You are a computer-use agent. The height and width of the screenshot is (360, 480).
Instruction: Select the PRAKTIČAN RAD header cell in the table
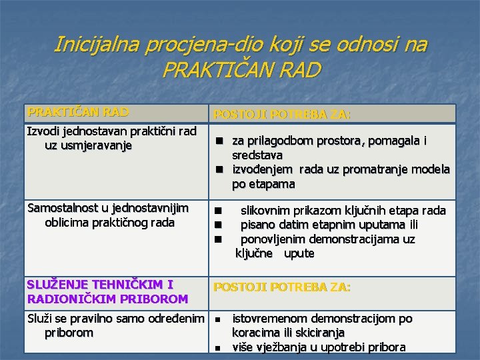tap(78, 112)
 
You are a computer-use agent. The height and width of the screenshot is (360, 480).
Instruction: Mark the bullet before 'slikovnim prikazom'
tap(217, 211)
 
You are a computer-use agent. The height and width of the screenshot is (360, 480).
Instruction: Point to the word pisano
tap(257, 225)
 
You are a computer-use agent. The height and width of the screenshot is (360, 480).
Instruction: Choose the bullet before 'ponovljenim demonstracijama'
tap(217, 239)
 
